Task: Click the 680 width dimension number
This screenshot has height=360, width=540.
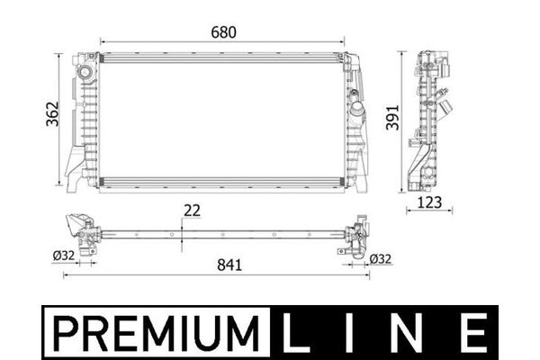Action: click(x=223, y=32)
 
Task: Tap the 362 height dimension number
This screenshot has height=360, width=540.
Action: click(x=53, y=114)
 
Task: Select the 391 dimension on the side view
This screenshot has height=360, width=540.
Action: click(x=392, y=118)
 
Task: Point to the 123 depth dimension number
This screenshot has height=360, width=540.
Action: click(x=429, y=202)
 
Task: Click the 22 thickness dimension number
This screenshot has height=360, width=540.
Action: click(x=192, y=211)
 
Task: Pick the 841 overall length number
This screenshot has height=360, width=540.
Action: click(x=229, y=265)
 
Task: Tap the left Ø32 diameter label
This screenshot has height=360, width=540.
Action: click(x=64, y=256)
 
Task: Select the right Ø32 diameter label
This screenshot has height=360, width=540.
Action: click(x=381, y=258)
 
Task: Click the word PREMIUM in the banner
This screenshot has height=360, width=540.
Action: click(x=156, y=332)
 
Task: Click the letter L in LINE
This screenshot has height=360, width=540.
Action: click(x=295, y=333)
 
